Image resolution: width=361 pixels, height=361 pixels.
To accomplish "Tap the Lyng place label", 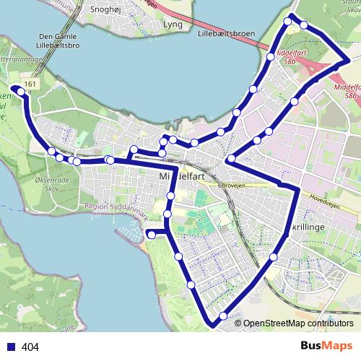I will pyautogui.click(x=173, y=24).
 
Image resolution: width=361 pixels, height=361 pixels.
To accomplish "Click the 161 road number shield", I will pyautogui.click(x=30, y=84).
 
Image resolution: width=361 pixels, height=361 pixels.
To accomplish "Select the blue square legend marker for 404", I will pyautogui.click(x=10, y=347).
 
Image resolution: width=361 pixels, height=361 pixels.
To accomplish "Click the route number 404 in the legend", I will pyautogui.click(x=30, y=347).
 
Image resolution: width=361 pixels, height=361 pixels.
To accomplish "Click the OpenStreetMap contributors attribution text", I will pyautogui.click(x=298, y=323).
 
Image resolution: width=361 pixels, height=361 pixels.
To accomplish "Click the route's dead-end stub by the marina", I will pyautogui.click(x=150, y=234).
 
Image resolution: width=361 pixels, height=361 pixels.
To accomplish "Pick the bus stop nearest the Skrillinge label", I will pyautogui.click(x=274, y=257).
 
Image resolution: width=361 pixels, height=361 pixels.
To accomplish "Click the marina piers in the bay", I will pyautogui.click(x=130, y=232).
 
